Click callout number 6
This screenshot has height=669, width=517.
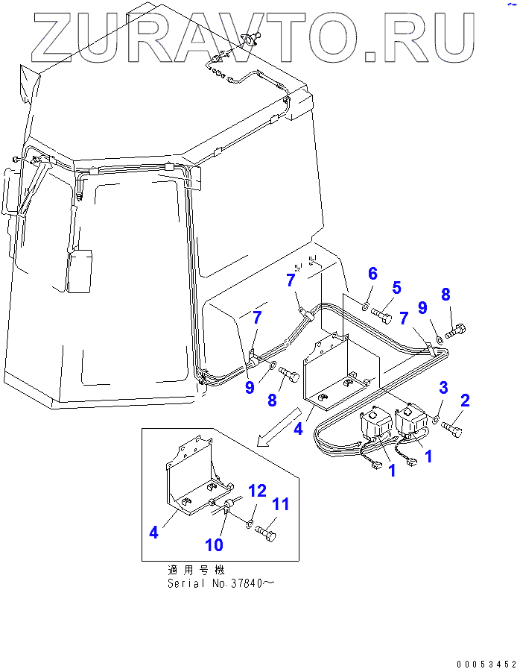pos(372,274)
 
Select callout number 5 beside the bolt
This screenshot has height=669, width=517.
pos(396,287)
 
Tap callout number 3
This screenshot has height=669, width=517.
pos(443,387)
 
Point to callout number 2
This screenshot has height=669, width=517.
pos(465,401)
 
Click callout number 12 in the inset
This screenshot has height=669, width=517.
pos(256,491)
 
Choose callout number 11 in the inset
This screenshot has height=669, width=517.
pos(279,505)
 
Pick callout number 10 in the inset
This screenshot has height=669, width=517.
pos(214,545)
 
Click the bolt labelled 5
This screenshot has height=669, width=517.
pos(381,316)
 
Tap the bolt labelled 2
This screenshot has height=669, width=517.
pos(453,429)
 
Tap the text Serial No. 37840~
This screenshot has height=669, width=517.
pos(221,583)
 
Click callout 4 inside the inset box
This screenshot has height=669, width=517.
pos(153,533)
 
